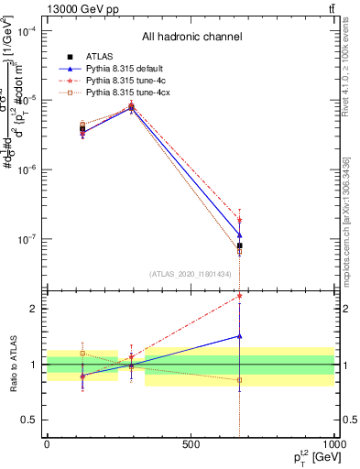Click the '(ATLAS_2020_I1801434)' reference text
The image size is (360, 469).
[191, 274]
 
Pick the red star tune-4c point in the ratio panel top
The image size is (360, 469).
[239, 296]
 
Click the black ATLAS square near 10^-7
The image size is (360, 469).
[239, 245]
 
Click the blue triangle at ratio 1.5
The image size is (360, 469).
[239, 336]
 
